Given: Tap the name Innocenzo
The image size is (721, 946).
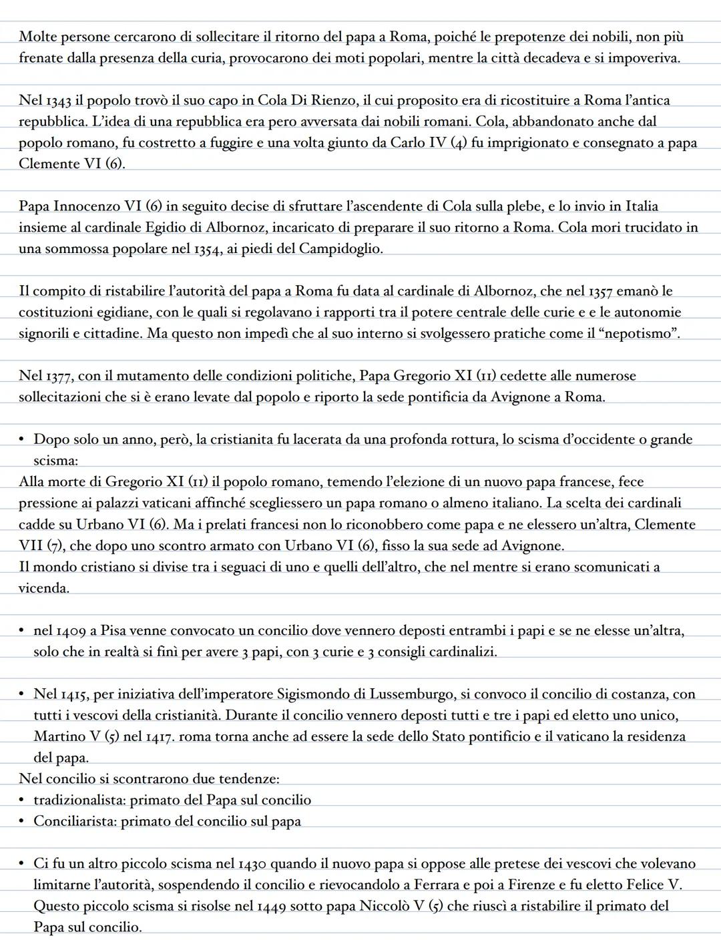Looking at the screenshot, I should tap(86, 206).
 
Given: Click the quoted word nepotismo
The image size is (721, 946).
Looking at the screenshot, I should tap(642, 333).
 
